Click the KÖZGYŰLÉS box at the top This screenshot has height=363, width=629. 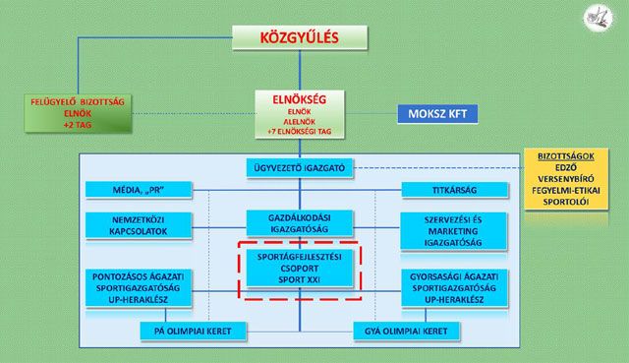pos(300,37)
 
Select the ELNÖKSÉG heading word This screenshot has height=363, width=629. pos(299,99)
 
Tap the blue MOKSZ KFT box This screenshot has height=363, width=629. pos(437,114)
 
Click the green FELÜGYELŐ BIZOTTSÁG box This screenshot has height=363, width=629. pos(78,114)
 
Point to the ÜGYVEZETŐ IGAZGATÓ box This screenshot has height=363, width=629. pos(300,168)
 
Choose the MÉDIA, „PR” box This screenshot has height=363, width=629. pos(139,190)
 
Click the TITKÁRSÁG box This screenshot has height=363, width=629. pos(454,190)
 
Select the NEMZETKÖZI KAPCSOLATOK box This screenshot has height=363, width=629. pos(139,225)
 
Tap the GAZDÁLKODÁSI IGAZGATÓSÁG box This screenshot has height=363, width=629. pos(300,223)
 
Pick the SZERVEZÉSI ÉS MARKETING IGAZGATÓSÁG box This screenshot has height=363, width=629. pos(454,231)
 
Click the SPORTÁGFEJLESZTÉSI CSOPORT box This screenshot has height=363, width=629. pos(300,269)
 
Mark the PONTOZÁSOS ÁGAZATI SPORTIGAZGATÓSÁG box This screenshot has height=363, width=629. pos(139,288)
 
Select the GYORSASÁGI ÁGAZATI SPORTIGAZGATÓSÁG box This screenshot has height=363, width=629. pos(454,288)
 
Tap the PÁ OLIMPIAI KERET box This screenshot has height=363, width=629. pos(193,332)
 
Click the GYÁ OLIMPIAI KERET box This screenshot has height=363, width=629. pos(406,332)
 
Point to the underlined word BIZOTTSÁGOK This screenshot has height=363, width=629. pos(566,156)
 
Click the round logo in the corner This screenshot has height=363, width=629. pos(598,18)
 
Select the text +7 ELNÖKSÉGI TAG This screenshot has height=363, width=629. pos(299,131)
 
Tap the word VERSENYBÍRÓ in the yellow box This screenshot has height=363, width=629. pos(566,179)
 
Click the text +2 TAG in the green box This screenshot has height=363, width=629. pos(78,125)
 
